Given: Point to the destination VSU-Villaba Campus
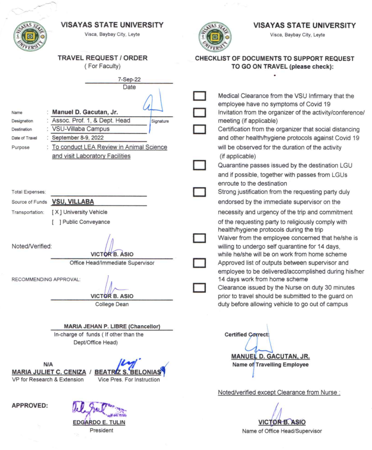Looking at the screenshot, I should pyautogui.click(x=85, y=129).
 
